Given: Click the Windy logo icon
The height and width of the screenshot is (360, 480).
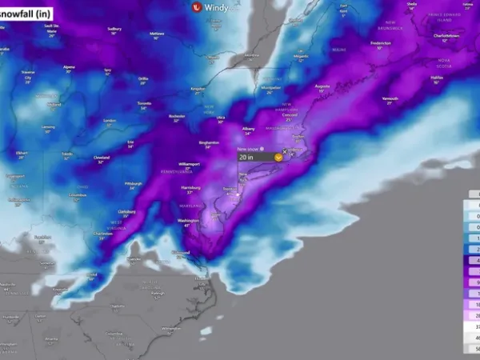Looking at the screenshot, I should [x=197, y=7].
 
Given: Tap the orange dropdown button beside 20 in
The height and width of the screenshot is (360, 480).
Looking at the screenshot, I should [x=277, y=158].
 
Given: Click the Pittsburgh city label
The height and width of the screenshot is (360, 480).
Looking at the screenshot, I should [x=133, y=183].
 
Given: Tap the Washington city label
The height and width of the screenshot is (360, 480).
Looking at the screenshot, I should [x=189, y=219].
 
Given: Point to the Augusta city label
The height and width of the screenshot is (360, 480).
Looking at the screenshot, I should [x=322, y=84].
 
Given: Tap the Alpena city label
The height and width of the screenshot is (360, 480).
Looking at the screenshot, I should [x=68, y=67].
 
